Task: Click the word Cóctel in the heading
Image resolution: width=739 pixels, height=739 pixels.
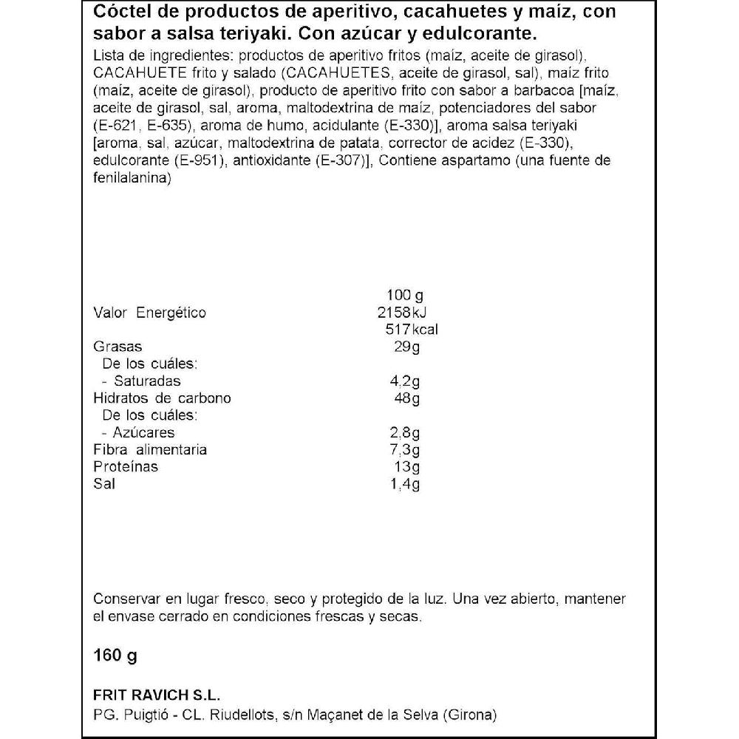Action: tap(120, 13)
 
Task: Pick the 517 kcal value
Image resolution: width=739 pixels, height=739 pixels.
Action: tap(407, 330)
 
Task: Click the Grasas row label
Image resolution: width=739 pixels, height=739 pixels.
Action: tap(118, 347)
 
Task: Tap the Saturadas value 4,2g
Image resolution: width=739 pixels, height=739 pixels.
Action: tap(405, 381)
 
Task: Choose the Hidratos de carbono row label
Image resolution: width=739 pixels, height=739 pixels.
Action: tap(163, 398)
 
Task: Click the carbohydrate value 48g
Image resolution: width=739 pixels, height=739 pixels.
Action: tap(407, 398)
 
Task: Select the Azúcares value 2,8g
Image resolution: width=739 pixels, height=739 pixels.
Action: tap(405, 432)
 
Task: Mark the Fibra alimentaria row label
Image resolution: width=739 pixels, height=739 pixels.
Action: tap(150, 449)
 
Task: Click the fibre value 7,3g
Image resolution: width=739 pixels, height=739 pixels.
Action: tap(405, 449)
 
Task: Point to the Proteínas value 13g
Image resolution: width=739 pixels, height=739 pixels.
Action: tap(407, 467)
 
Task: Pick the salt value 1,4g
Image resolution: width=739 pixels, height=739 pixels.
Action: tap(405, 484)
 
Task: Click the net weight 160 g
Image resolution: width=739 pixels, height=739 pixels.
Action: tap(117, 655)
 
